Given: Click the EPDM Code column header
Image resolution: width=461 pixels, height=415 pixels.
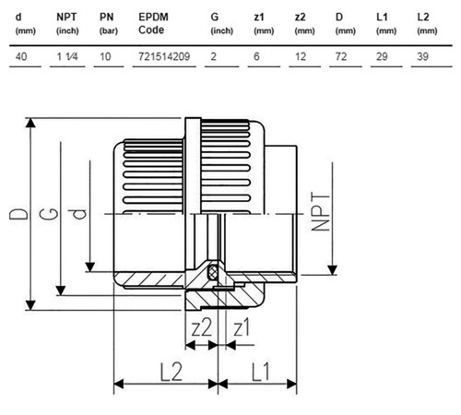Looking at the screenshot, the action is [153, 23].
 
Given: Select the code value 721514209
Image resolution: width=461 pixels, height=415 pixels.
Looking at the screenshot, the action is [164, 56].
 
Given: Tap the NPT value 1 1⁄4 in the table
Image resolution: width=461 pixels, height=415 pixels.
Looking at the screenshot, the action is [67, 56].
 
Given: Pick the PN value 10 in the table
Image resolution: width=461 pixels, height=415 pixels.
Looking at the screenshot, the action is [105, 56].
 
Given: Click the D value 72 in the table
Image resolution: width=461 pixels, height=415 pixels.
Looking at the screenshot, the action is [341, 56].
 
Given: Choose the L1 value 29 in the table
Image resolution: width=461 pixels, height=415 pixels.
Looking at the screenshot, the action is [382, 56].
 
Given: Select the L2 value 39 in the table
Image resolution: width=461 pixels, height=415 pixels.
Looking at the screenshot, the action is [422, 56].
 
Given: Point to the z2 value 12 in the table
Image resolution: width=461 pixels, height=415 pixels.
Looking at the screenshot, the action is [301, 56].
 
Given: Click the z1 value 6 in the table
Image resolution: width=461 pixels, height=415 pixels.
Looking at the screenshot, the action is [256, 56].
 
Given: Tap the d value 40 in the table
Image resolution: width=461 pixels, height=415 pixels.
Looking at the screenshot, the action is [21, 56].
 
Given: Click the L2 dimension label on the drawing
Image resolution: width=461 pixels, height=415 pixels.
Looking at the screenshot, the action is [171, 372].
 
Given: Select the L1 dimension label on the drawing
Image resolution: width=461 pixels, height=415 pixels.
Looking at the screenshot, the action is [261, 372].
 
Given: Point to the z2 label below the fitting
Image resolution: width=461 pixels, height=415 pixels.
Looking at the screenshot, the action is [202, 327].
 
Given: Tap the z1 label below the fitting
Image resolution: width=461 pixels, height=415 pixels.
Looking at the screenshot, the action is [242, 327].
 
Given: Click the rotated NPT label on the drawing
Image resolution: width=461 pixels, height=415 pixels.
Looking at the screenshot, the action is [321, 211].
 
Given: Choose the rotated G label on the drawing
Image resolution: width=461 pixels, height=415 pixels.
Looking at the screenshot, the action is [49, 214].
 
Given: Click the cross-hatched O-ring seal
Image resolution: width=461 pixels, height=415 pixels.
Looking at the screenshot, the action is [213, 272].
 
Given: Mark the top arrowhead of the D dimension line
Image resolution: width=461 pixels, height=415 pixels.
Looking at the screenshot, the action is [30, 122].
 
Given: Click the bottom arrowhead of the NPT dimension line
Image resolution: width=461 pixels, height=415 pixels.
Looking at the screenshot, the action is [332, 270].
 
